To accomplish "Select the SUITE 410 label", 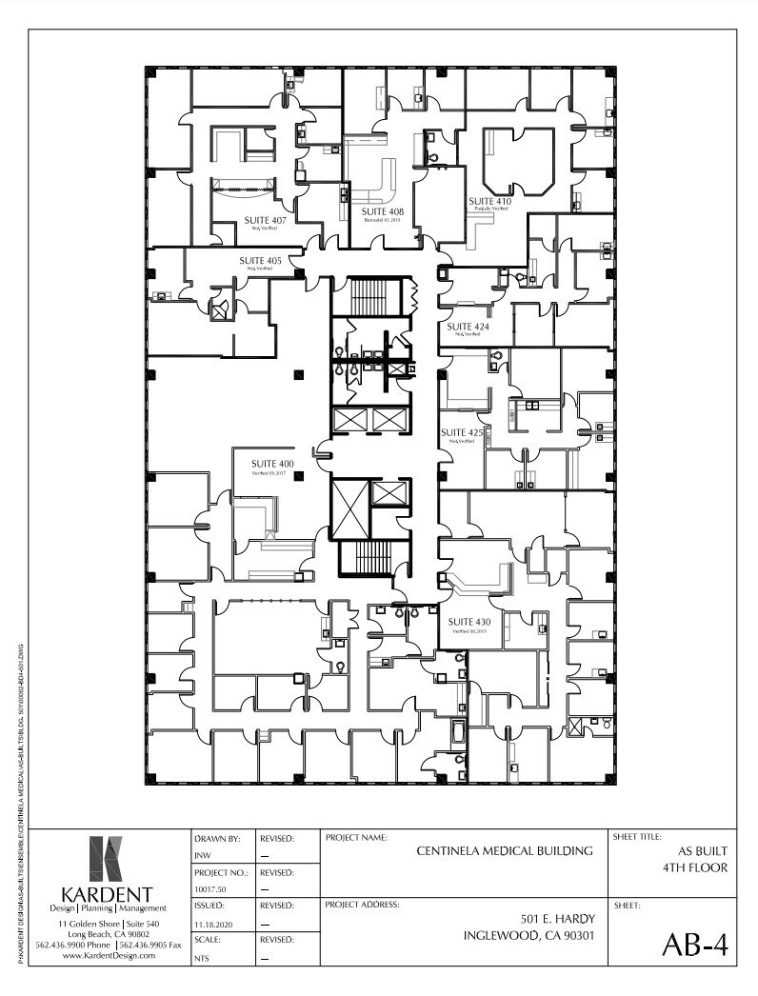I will coord(489,201).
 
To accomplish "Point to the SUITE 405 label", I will coord(260,260).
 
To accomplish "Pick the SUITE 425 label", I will coord(462,432).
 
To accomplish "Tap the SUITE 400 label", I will coord(272,464).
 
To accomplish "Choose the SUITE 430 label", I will coord(469,622).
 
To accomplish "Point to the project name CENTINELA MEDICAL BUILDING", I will coord(505,850).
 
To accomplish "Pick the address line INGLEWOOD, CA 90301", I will coord(529,936).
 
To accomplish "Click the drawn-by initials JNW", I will coord(202,855).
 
